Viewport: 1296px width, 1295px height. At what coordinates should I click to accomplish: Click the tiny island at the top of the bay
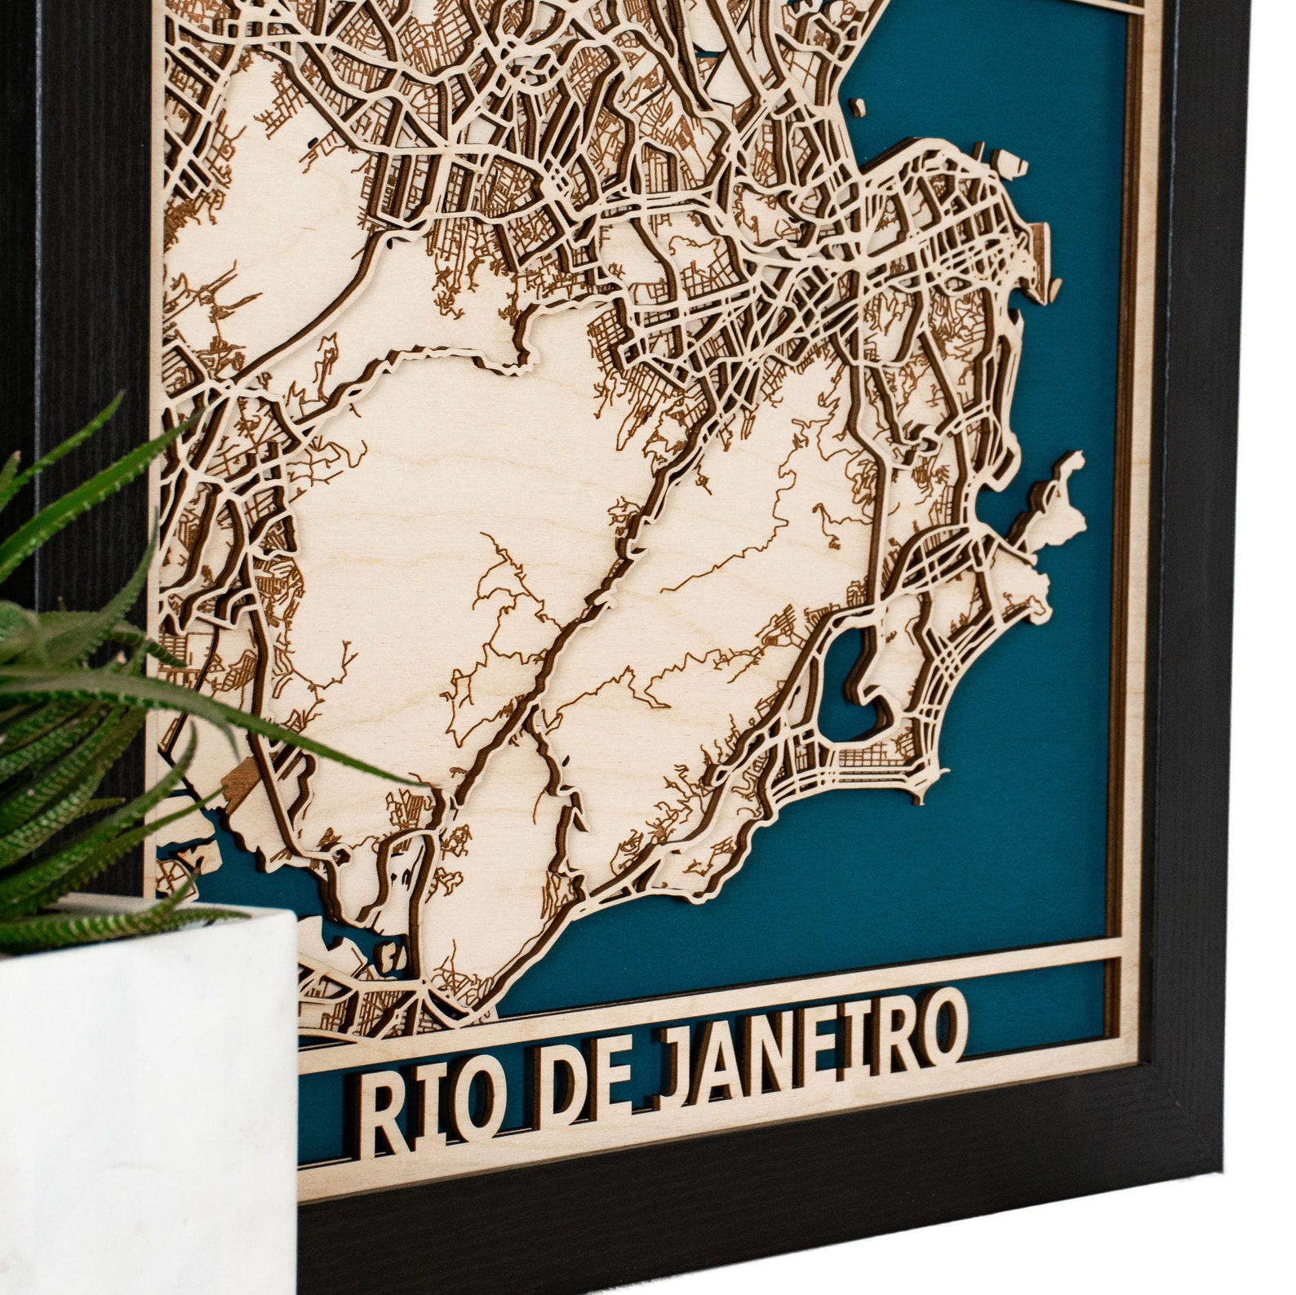(x=857, y=106)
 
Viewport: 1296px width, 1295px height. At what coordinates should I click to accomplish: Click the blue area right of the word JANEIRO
(x=1036, y=1012)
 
